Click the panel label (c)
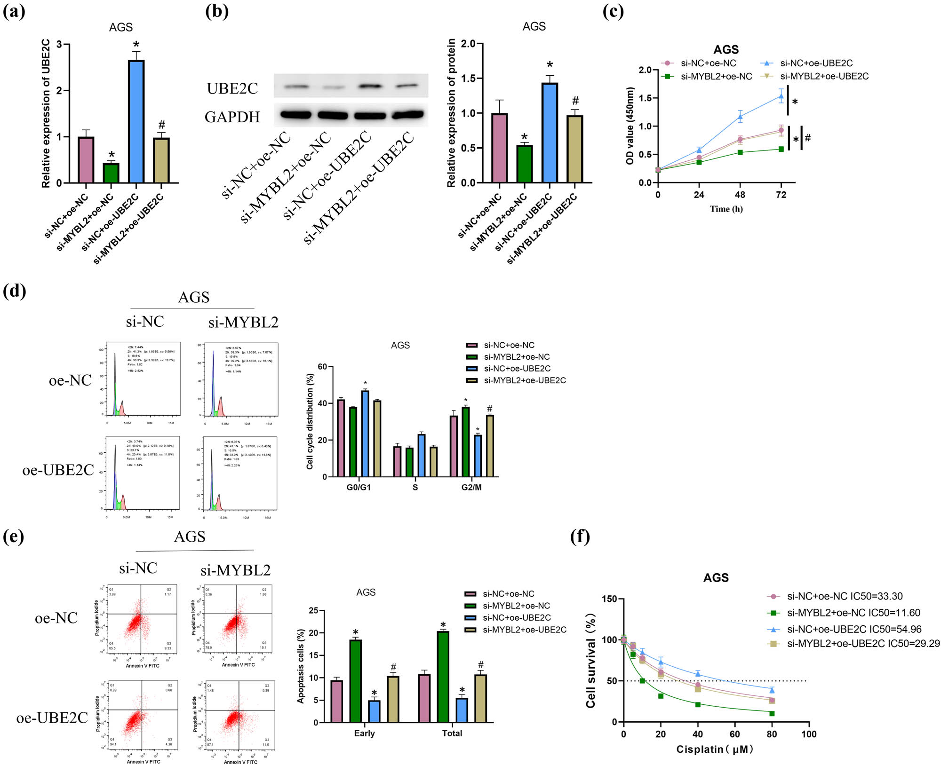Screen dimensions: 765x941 613,11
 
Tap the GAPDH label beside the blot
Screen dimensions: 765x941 232,117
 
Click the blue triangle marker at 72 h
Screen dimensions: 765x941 781,96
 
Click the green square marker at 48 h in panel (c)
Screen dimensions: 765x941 740,152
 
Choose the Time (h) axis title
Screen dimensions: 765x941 726,209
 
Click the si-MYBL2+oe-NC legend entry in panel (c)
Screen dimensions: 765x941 716,76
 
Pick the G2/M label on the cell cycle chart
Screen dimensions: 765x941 471,487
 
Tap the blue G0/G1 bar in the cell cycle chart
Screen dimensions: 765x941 365,433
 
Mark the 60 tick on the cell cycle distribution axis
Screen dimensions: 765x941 322,367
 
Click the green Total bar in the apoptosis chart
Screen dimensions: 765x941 443,677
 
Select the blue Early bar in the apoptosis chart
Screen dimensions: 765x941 374,711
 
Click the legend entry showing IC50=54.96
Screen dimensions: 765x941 853,629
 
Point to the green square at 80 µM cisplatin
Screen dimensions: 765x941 772,713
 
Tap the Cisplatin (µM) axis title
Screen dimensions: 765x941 715,749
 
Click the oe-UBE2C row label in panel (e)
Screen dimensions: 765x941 52,718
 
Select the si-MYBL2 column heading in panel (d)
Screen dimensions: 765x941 243,322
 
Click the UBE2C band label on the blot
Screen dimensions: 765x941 232,88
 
